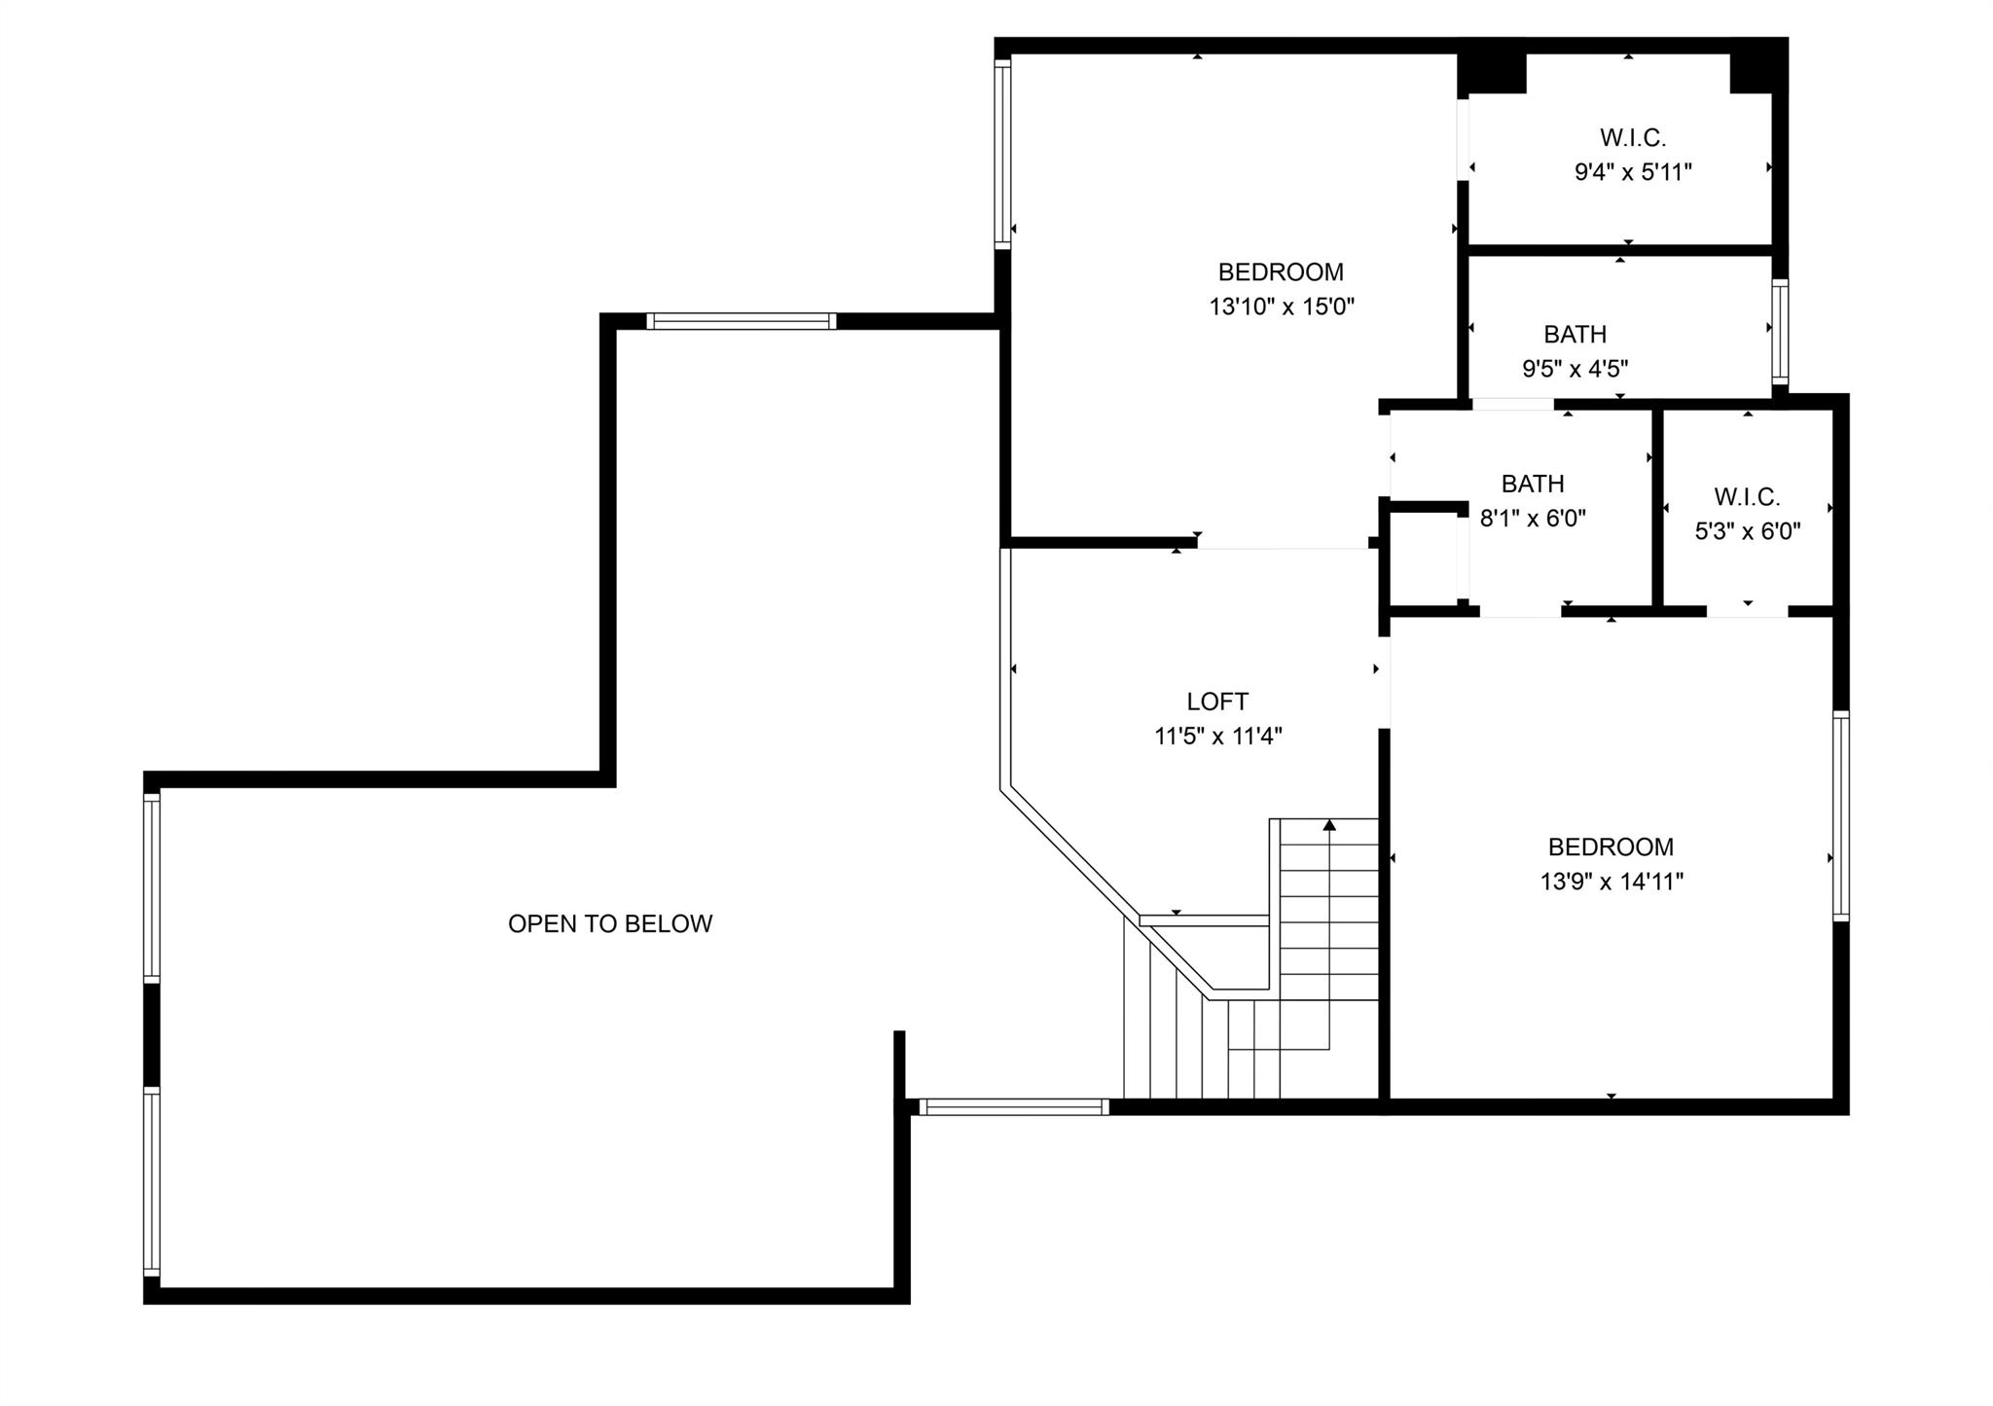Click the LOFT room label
point(1217,702)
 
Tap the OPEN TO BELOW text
point(610,923)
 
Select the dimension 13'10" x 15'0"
point(1282,307)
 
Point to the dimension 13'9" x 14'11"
point(1612,882)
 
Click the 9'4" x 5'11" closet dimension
point(1633,172)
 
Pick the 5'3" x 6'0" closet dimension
point(1748,531)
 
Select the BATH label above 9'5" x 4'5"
point(1575,335)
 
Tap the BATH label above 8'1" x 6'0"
point(1533,484)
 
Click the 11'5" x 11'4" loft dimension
point(1218,737)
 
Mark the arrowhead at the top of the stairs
point(1329,825)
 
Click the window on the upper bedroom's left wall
point(1002,154)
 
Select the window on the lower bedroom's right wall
point(1841,815)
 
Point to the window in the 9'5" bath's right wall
point(1780,332)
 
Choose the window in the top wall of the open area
point(742,321)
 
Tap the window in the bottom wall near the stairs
point(1014,1106)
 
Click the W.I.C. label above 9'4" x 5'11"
point(1633,138)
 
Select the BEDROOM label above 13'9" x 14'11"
point(1612,847)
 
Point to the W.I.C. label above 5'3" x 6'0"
point(1748,497)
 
